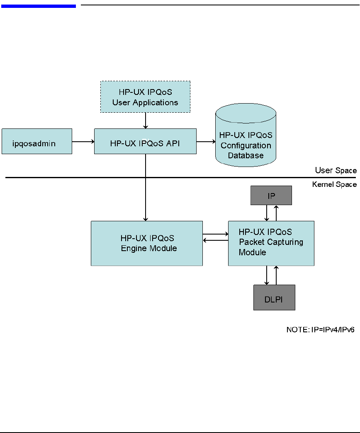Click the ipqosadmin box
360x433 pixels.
click(37, 142)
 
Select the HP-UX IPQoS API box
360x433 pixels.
click(145, 142)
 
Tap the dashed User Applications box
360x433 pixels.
click(145, 97)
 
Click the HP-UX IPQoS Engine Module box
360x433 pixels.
click(147, 243)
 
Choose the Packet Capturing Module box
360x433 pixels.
click(271, 243)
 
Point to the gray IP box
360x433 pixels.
click(271, 196)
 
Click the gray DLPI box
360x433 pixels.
click(274, 298)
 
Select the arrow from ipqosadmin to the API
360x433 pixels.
click(83, 142)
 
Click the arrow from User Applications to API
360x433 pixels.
click(146, 120)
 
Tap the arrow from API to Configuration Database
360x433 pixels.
click(206, 142)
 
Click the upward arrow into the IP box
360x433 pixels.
click(276, 213)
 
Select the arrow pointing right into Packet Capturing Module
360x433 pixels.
click(215, 234)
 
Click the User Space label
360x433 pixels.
click(336, 170)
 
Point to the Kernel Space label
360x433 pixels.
click(334, 184)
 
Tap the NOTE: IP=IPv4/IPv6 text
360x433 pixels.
click(320, 330)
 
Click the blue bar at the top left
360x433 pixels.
click(38, 6)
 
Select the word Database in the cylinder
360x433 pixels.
click(246, 156)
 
